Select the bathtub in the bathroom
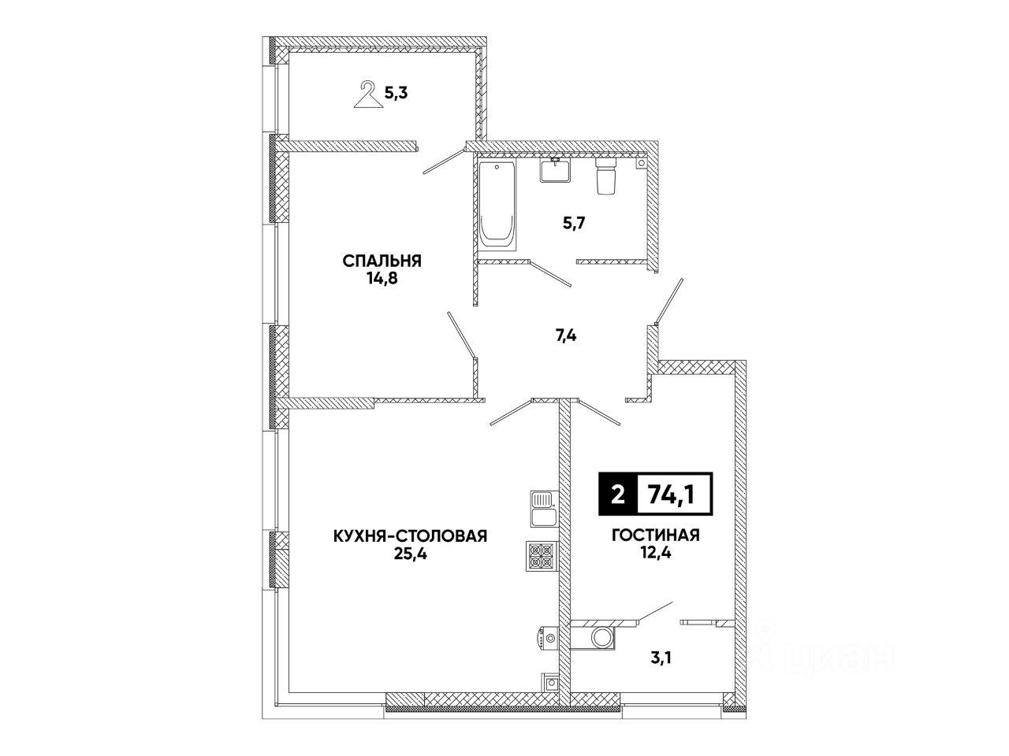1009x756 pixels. point(496,204)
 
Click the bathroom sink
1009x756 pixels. point(557,170)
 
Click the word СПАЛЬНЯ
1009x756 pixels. point(382,261)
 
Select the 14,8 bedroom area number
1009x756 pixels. point(382,279)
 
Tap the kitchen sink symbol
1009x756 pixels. point(542,509)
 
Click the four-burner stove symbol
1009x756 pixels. point(542,555)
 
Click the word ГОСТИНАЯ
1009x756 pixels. point(656,536)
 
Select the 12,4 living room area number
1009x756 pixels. point(656,554)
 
